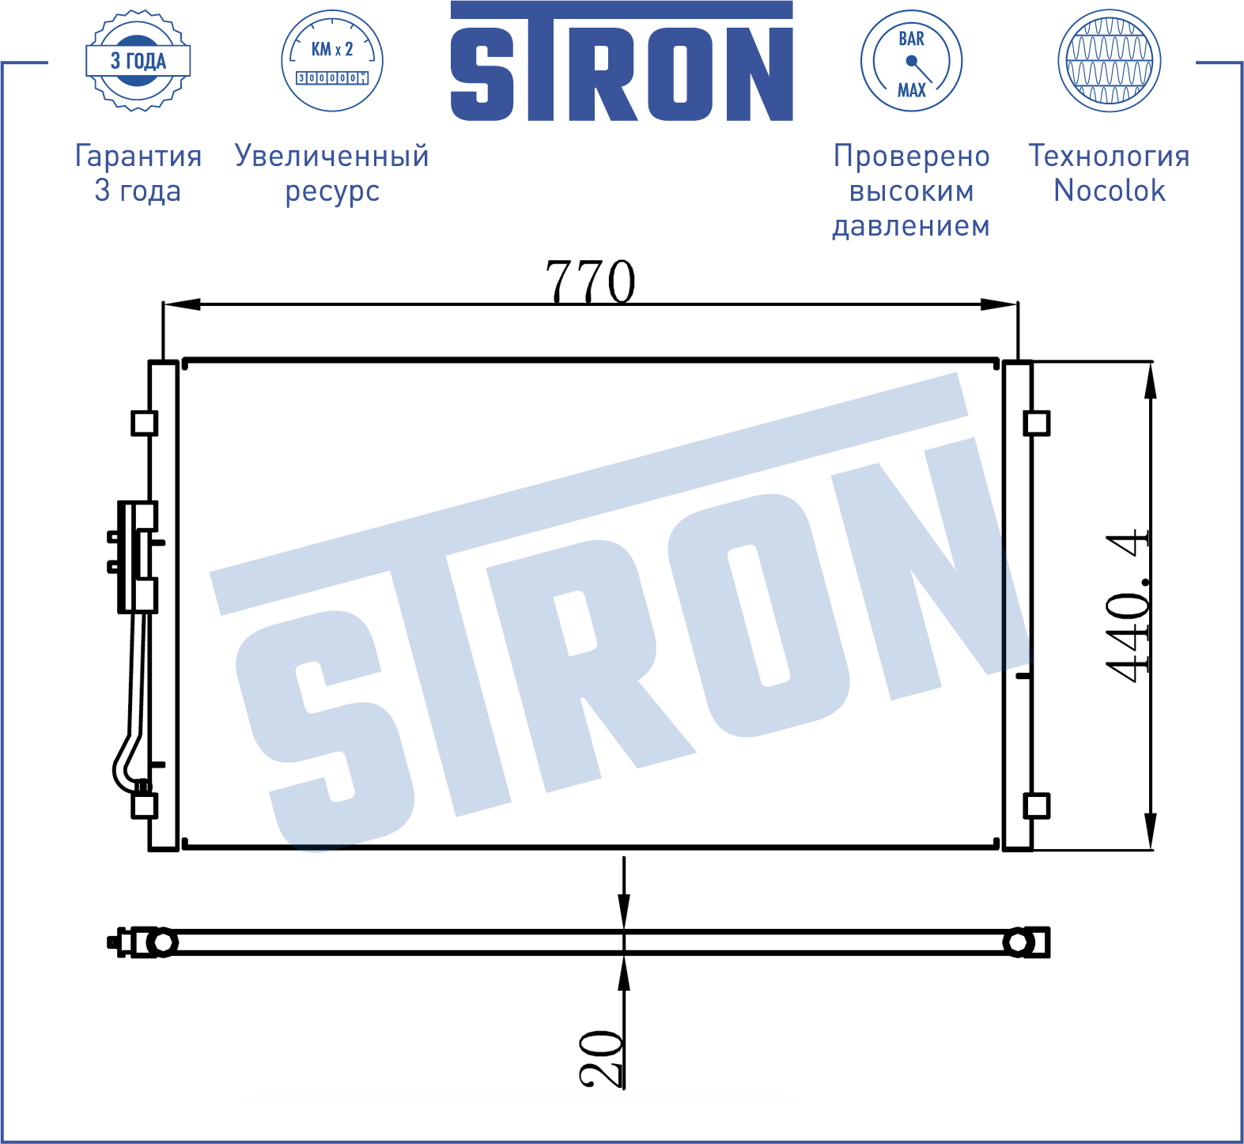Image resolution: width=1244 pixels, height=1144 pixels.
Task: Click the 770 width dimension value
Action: click(590, 281)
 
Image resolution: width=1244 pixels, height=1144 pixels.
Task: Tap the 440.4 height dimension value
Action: click(1127, 605)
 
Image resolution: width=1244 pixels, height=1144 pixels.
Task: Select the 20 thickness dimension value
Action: click(601, 1058)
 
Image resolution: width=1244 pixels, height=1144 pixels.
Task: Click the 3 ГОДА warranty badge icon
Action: click(138, 61)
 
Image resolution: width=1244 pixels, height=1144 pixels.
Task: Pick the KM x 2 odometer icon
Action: click(332, 61)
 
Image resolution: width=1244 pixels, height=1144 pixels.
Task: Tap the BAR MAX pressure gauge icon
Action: click(911, 61)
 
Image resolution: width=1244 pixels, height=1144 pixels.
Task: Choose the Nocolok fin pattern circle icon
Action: click(1110, 61)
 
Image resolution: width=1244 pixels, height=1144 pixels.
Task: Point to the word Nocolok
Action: click(1110, 191)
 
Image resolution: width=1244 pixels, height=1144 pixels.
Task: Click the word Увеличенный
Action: click(332, 156)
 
